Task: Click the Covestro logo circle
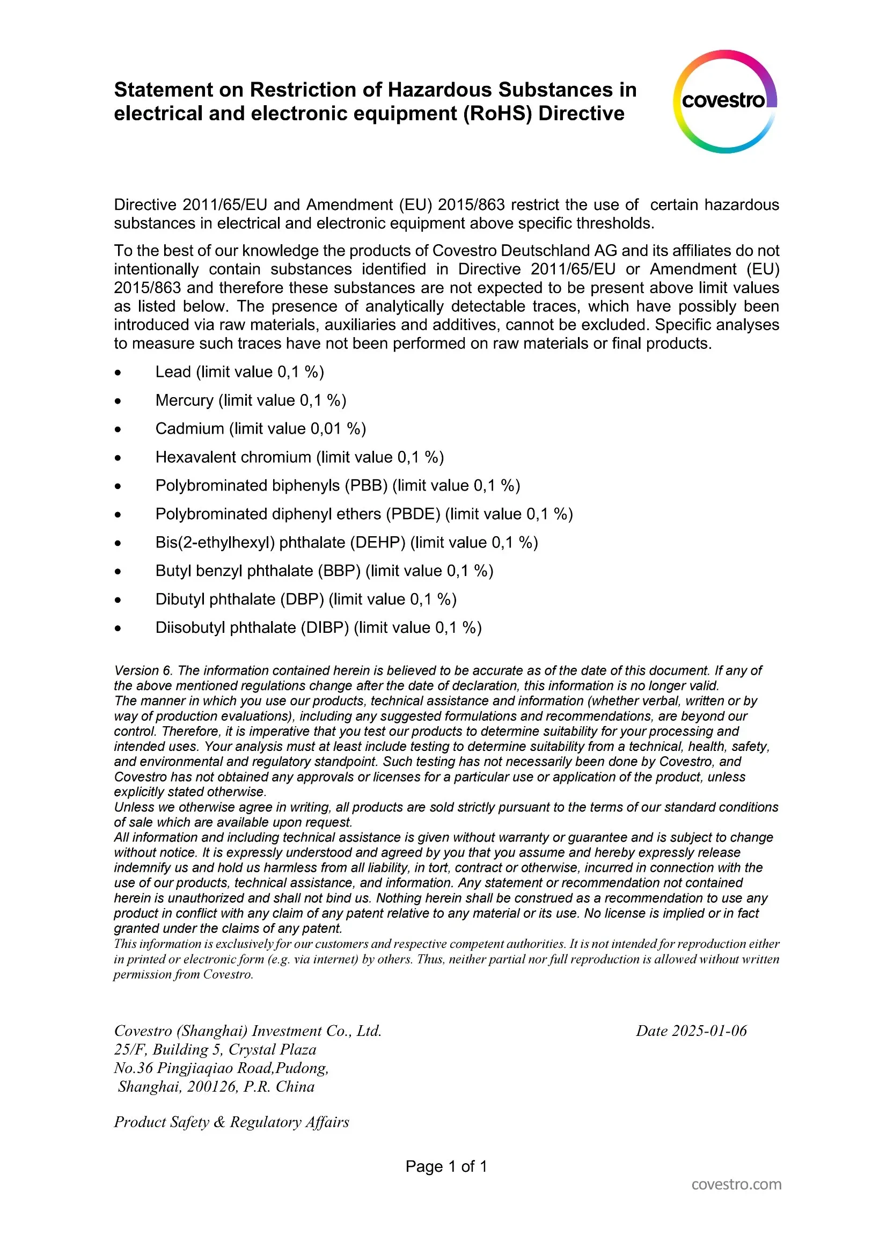(725, 101)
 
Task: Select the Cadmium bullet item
(260, 429)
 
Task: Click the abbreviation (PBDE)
(413, 514)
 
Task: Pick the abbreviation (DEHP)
(378, 543)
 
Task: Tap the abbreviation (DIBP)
(325, 628)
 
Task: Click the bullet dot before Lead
(118, 373)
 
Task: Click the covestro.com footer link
(736, 1185)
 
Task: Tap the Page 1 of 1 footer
(446, 1166)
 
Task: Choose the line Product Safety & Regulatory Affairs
(232, 1122)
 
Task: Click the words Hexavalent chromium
(233, 457)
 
